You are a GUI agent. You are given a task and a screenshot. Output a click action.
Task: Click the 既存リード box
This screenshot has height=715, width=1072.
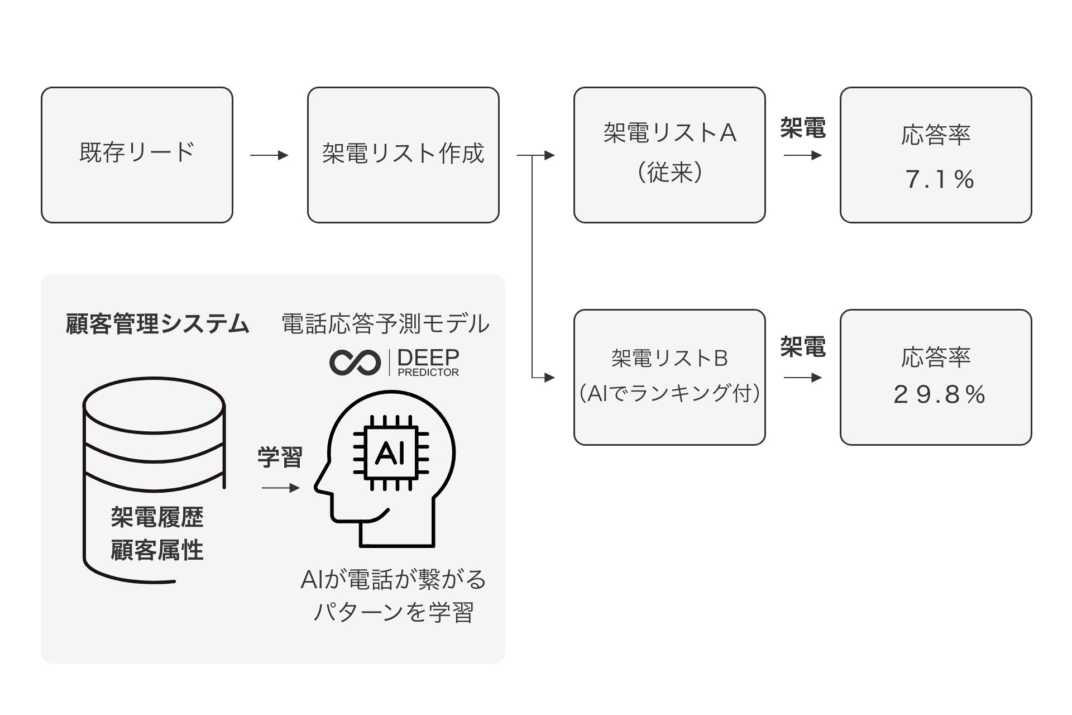click(x=137, y=155)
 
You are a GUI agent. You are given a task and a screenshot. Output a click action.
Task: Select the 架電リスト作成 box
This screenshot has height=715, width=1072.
click(x=403, y=155)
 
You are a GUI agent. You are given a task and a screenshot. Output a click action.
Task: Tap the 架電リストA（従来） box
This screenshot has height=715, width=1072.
click(x=669, y=155)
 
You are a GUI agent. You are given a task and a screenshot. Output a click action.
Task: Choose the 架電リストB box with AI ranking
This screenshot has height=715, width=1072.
click(x=669, y=377)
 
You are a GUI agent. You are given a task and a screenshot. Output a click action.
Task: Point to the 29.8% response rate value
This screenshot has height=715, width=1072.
click(x=940, y=395)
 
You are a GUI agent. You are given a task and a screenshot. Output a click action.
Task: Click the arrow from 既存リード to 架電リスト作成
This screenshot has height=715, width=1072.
click(x=269, y=155)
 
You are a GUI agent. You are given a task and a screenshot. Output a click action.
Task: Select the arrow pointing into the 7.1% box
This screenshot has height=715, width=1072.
click(x=802, y=155)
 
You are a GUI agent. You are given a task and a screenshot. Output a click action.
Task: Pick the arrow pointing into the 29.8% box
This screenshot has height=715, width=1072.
click(x=802, y=378)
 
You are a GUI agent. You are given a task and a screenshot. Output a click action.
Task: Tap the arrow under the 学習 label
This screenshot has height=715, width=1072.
click(x=280, y=488)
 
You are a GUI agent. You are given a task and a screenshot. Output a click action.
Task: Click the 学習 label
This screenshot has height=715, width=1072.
click(x=280, y=457)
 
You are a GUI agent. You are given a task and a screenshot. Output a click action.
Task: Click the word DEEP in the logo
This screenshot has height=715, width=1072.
click(x=428, y=357)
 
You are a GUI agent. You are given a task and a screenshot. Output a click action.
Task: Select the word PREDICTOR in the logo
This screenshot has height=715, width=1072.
click(x=428, y=373)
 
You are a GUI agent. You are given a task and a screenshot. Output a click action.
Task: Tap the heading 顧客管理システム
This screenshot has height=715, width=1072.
click(x=157, y=324)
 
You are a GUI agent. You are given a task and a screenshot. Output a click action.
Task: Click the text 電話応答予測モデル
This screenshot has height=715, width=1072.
click(x=385, y=324)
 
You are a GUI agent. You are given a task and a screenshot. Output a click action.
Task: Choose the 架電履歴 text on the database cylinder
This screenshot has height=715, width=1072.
click(x=157, y=517)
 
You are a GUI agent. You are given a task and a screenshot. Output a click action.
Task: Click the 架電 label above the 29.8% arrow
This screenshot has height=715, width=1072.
click(x=802, y=347)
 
